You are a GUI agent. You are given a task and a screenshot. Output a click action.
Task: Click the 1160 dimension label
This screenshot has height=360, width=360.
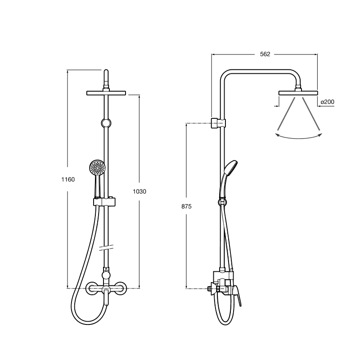(68, 179)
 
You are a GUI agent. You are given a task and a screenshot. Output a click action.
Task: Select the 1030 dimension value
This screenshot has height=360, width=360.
(139, 191)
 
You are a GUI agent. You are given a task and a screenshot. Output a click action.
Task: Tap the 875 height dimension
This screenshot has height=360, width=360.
(186, 207)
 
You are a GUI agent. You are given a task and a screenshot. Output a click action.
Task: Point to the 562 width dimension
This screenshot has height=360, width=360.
(265, 54)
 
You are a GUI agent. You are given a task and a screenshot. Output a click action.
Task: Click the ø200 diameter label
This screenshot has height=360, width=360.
(328, 102)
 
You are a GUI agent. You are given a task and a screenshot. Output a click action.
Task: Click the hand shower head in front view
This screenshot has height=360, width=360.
(97, 167)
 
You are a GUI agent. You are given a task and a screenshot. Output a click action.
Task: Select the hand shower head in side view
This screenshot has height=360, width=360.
(231, 167)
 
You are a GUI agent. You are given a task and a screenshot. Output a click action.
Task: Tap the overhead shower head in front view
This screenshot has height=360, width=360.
(106, 93)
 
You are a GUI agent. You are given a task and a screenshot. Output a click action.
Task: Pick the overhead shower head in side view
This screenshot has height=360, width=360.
(298, 93)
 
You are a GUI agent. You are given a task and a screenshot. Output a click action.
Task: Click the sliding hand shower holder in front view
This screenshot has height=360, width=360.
(104, 202)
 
